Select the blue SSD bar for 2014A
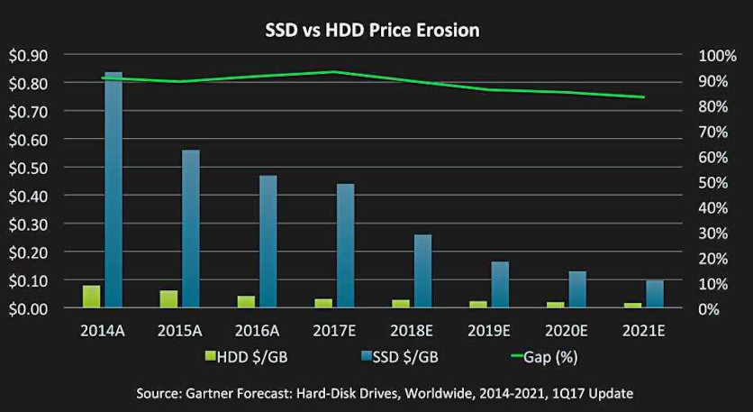pyautogui.click(x=113, y=189)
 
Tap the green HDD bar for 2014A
pyautogui.click(x=92, y=297)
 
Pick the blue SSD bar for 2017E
pyautogui.click(x=345, y=245)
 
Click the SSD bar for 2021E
pyautogui.click(x=655, y=294)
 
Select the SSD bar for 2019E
pyautogui.click(x=500, y=284)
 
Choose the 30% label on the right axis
pyautogui.click(x=714, y=233)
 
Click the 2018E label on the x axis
pyautogui.click(x=412, y=331)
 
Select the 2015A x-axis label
pyautogui.click(x=179, y=331)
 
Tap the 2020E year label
pyautogui.click(x=566, y=331)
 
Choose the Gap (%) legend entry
pyautogui.click(x=544, y=357)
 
